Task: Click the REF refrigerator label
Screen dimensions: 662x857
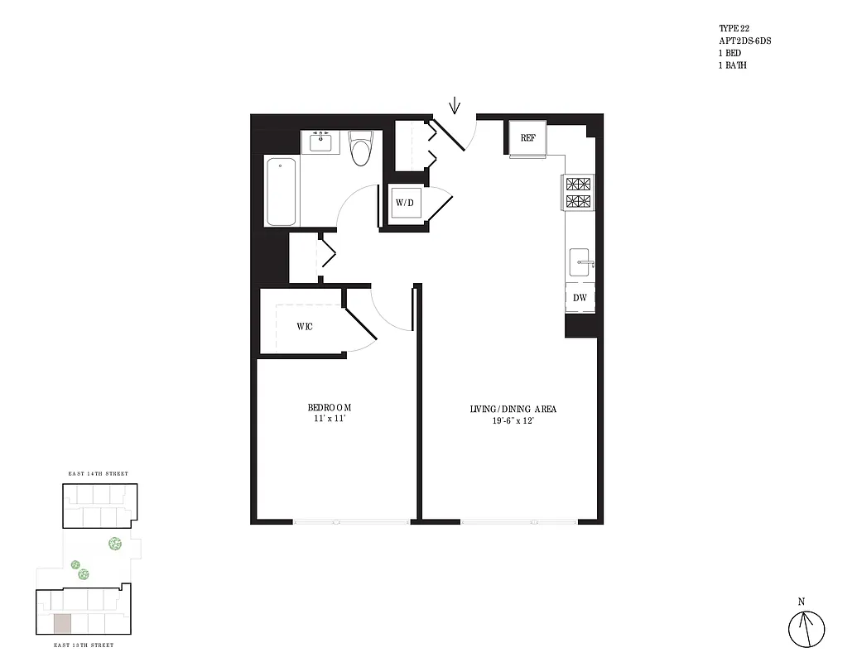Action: click(527, 138)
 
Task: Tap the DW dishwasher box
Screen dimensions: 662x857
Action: click(580, 297)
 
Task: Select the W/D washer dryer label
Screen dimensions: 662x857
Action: click(404, 203)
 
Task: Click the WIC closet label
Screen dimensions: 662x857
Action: click(305, 327)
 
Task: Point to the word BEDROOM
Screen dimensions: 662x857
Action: click(330, 407)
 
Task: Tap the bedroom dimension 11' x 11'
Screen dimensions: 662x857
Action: click(330, 420)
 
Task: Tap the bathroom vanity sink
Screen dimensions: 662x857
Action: click(320, 142)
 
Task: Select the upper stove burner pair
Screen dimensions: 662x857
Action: click(579, 184)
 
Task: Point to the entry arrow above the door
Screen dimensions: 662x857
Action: click(454, 106)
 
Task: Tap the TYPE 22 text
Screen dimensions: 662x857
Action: click(734, 28)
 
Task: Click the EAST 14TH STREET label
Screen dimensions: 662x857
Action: click(98, 473)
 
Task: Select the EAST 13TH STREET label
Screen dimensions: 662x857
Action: click(84, 645)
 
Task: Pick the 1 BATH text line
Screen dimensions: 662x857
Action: click(733, 65)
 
